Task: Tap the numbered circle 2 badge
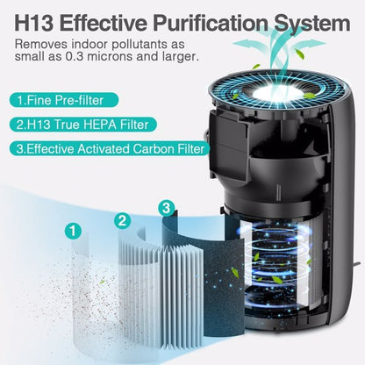[x=122, y=220]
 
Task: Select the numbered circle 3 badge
[x=164, y=209]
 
